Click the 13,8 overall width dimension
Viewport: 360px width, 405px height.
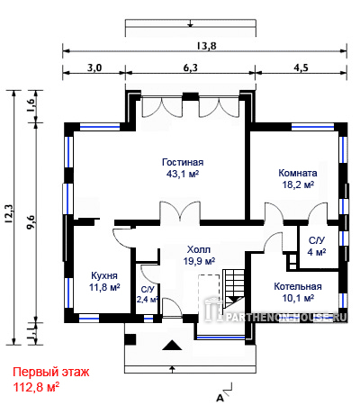(207, 46)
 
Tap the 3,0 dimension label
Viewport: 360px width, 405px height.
(94, 67)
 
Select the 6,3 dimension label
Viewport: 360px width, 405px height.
(191, 67)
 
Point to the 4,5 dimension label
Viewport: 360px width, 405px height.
(301, 67)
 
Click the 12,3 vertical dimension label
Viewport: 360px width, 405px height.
(9, 213)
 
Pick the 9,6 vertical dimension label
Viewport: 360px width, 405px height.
(31, 222)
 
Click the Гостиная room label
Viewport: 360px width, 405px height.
(183, 162)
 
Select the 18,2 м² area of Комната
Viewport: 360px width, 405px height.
(298, 184)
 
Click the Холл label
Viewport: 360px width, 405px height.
(199, 249)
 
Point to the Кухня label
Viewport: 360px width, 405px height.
(104, 275)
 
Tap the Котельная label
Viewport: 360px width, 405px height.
(298, 286)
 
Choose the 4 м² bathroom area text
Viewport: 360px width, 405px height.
(317, 252)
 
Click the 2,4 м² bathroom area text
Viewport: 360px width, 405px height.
(148, 299)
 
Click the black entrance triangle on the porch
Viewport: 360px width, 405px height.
(172, 346)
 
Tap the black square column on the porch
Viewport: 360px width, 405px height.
(130, 339)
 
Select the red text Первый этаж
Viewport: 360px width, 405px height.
(51, 373)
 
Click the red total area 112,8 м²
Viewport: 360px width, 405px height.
(36, 387)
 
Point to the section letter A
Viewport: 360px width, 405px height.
(220, 399)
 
